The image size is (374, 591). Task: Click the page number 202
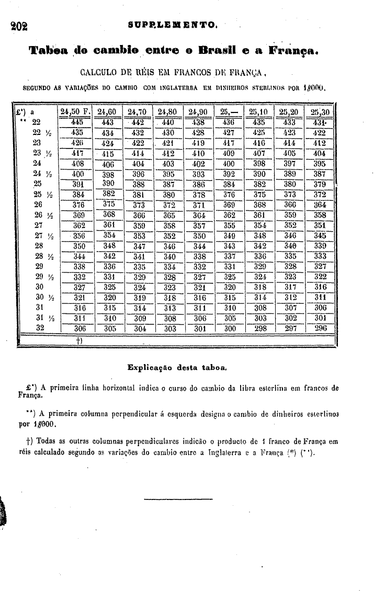(x=18, y=26)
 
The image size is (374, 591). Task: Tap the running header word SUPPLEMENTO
(x=175, y=25)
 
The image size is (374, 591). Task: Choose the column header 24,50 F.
(x=76, y=111)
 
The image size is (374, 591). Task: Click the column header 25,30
(x=321, y=111)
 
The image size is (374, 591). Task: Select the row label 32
(x=38, y=328)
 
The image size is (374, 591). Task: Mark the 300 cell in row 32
(x=230, y=328)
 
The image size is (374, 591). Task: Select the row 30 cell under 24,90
(x=200, y=287)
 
